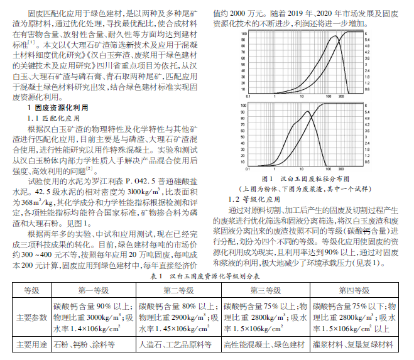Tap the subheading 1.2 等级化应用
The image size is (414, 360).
248,199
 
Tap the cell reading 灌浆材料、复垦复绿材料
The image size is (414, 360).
354,345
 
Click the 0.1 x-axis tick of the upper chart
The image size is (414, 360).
250,96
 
